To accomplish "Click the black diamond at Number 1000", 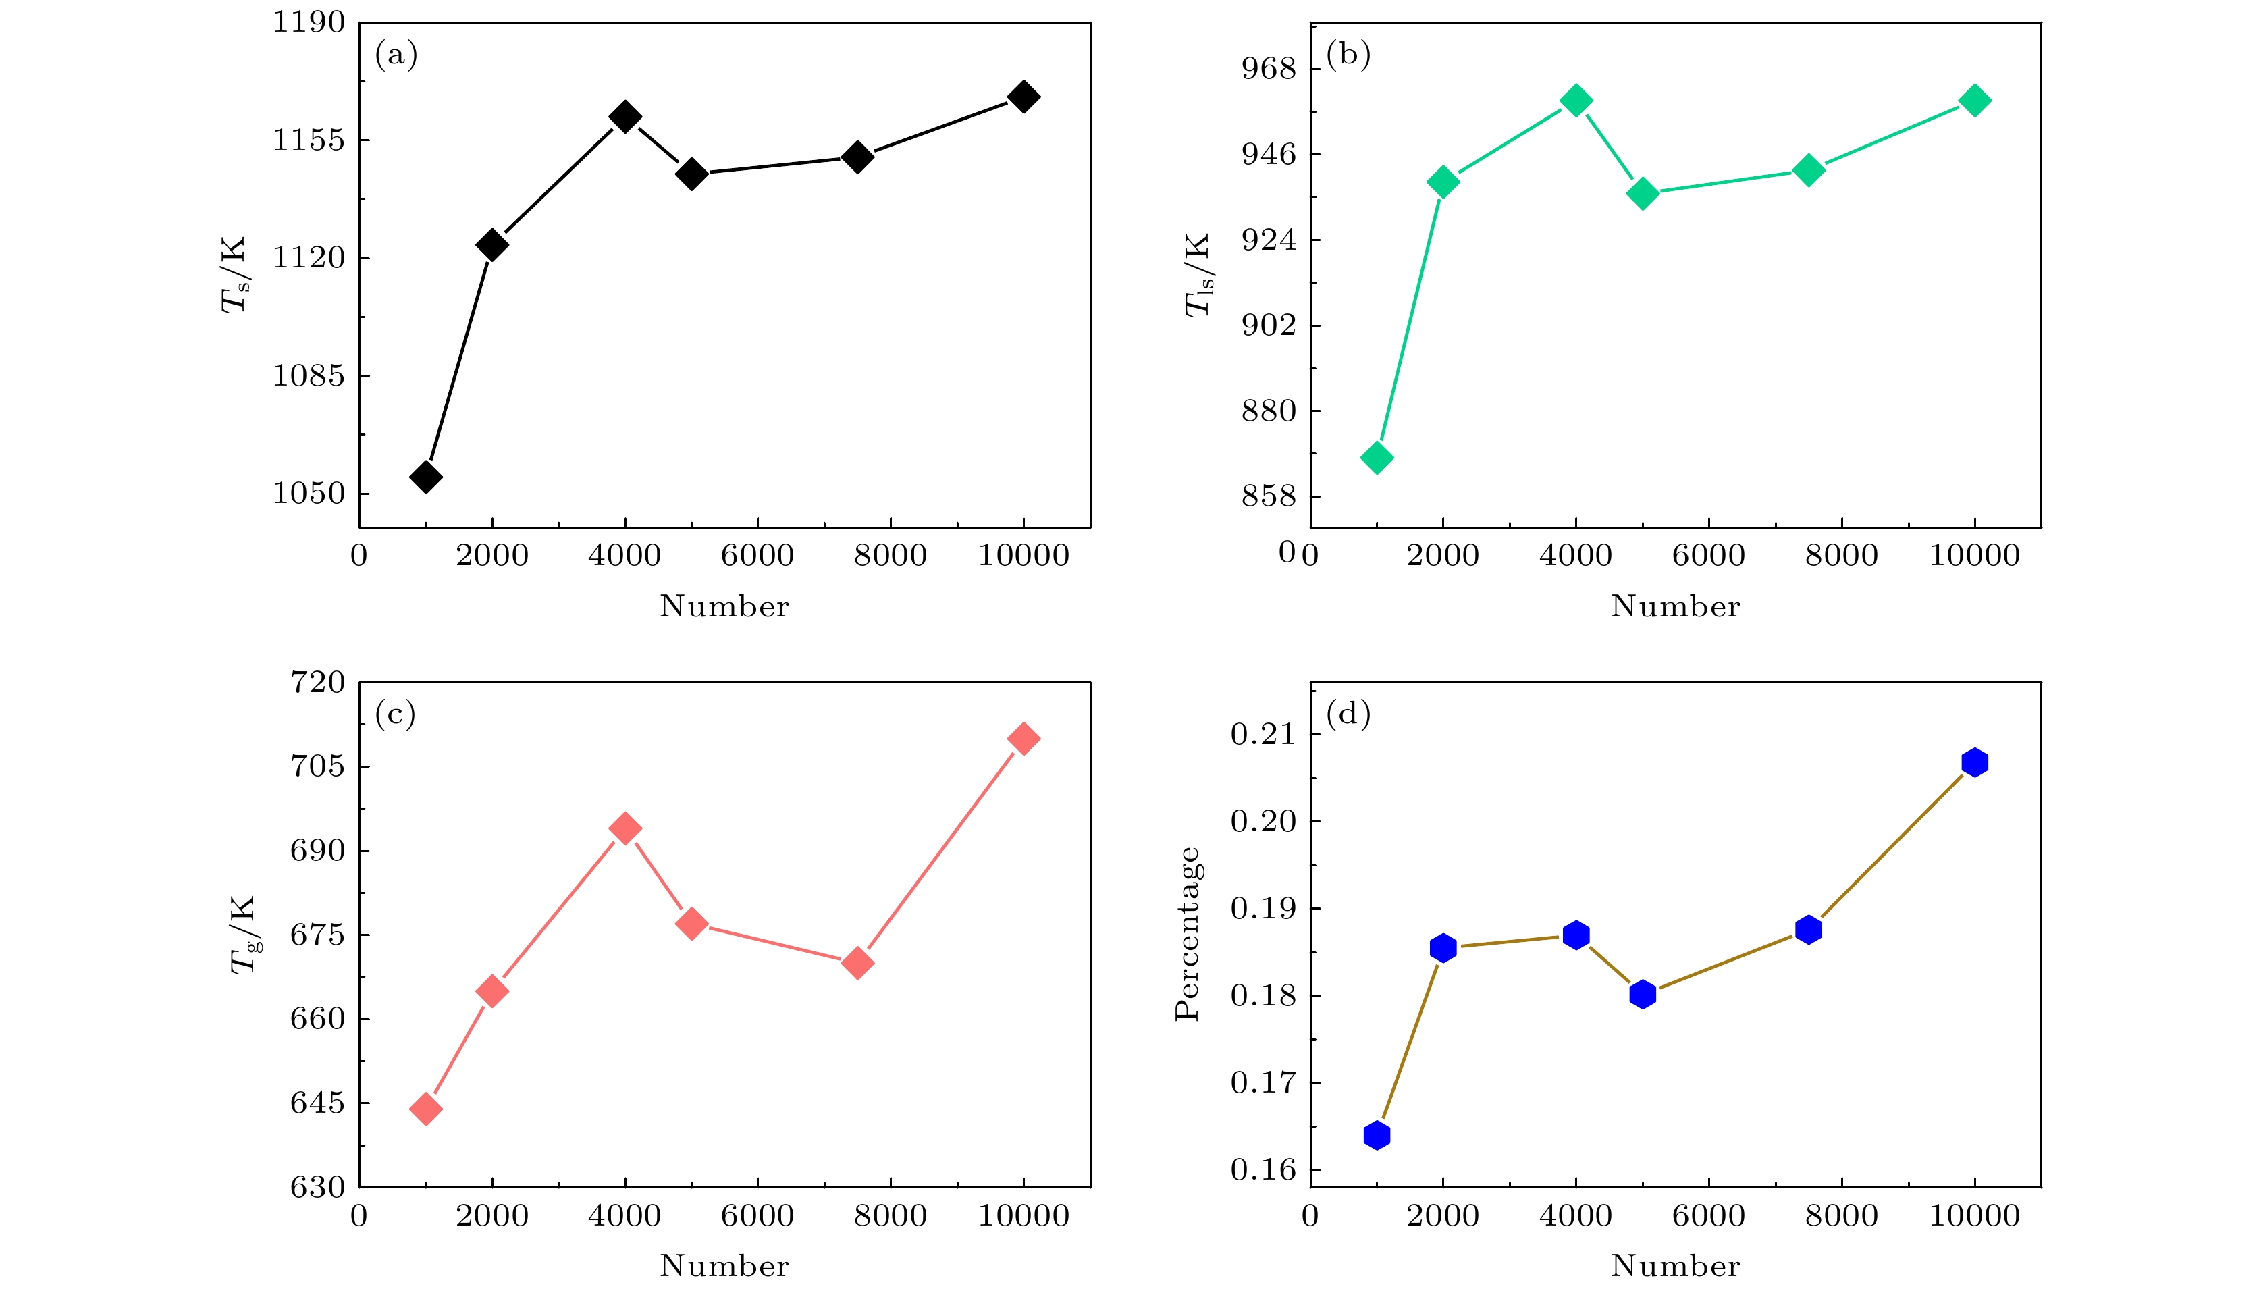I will coord(426,476).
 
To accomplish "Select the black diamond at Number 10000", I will coord(1024,97).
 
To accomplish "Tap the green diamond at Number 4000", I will coord(1576,100).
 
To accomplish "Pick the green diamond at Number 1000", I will coord(1377,458).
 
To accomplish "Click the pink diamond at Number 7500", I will coord(857,964).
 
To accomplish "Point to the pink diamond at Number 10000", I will coord(1024,738).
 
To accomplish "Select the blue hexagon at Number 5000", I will coord(1642,994).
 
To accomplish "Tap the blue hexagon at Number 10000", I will coord(1974,762).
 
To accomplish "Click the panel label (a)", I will coord(396,55).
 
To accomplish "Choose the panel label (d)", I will coord(1348,714).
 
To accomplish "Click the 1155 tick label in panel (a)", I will coord(308,140).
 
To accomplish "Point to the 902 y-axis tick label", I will coord(1269,325).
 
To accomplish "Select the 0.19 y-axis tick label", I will coord(1263,908).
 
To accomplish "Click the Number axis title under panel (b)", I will coord(1675,606).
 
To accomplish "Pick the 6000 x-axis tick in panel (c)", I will coord(757,1215).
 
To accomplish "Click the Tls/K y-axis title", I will coord(1197,274).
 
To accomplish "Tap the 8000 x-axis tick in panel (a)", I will coord(890,556).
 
